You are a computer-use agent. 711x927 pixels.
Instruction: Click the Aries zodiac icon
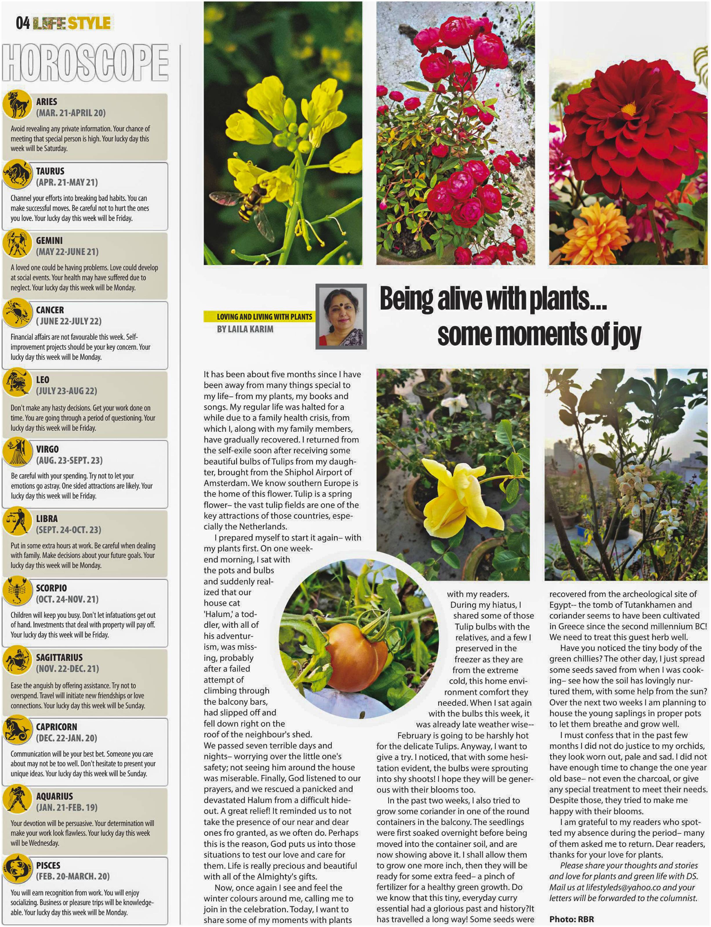(x=17, y=104)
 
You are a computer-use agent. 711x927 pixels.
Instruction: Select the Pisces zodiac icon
(x=17, y=869)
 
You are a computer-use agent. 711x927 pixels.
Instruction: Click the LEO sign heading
(x=42, y=380)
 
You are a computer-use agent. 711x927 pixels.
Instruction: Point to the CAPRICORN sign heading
(x=56, y=727)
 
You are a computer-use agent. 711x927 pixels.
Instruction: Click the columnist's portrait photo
(x=341, y=316)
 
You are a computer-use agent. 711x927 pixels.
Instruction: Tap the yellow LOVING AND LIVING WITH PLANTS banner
(x=259, y=316)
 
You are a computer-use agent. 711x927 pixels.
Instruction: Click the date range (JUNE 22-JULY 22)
(x=68, y=321)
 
